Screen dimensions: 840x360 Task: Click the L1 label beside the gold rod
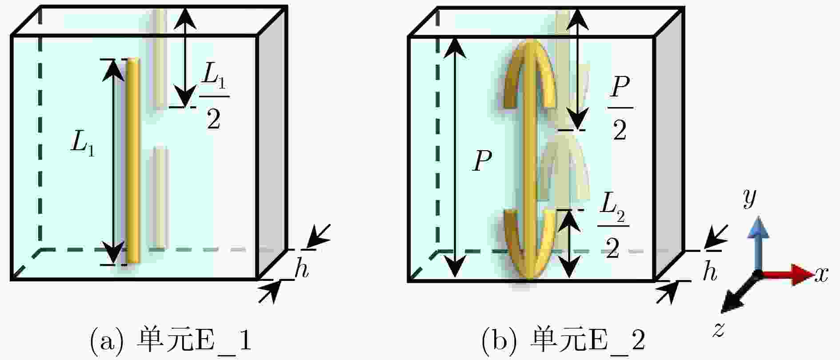(83, 145)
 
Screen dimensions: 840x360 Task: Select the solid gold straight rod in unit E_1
(132, 161)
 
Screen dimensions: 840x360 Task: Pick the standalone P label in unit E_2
(483, 160)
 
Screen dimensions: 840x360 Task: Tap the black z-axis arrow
(740, 291)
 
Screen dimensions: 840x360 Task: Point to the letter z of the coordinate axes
(718, 329)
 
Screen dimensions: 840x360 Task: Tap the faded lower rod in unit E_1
(161, 196)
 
